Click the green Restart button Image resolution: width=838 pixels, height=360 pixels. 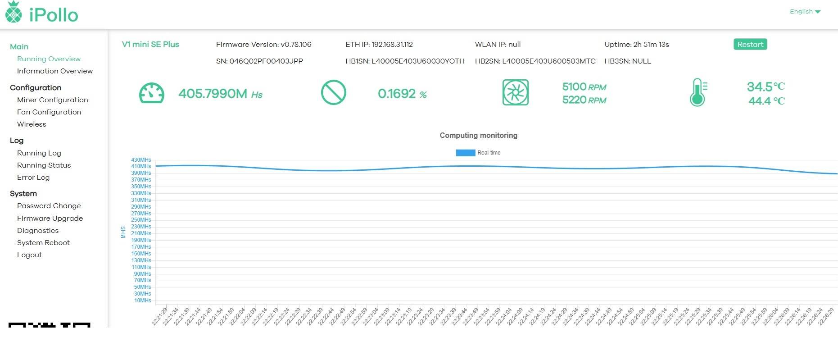(750, 44)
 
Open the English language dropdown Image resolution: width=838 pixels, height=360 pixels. (805, 12)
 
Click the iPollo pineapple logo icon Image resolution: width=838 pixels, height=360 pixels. (14, 12)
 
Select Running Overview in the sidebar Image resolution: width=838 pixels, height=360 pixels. (49, 59)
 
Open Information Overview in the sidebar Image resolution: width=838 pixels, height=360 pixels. (54, 71)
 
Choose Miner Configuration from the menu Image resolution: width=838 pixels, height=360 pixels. (52, 100)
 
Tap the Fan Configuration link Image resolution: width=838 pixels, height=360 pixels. (49, 112)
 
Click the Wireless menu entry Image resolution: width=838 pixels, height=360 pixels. (32, 124)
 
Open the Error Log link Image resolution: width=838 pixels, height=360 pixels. (33, 178)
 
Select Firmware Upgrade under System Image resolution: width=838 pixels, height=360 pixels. (50, 219)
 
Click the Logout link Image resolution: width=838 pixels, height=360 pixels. (29, 255)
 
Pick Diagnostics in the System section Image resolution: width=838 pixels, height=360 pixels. (38, 231)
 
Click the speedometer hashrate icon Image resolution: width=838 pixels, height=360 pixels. (152, 93)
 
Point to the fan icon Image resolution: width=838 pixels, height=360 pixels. (515, 93)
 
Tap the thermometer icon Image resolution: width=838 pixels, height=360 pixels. (698, 93)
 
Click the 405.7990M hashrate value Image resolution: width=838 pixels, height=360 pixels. (213, 94)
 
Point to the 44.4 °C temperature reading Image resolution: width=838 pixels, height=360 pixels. (766, 101)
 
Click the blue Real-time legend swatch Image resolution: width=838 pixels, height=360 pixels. (465, 153)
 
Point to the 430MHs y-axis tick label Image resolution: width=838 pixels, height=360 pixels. (141, 160)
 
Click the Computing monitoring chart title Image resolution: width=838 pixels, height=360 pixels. (478, 135)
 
